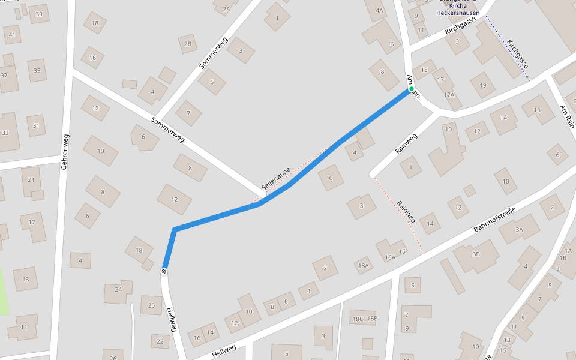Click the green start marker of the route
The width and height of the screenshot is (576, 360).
click(x=412, y=89)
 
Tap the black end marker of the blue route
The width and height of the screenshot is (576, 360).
click(x=164, y=271)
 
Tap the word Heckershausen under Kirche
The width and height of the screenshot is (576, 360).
click(x=458, y=12)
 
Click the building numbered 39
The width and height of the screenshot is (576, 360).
click(x=40, y=14)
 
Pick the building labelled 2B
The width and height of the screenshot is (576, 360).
click(x=188, y=44)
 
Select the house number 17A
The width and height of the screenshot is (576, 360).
click(x=449, y=95)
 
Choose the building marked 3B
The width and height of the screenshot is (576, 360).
click(x=476, y=254)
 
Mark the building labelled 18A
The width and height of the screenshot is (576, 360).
click(x=362, y=265)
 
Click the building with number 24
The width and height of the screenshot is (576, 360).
click(x=118, y=290)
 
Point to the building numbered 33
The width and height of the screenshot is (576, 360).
click(x=5, y=133)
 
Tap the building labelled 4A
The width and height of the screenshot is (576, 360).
click(x=379, y=10)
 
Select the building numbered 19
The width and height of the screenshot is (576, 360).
click(x=482, y=85)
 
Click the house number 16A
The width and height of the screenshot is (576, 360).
click(x=391, y=257)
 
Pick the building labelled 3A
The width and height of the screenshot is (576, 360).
click(x=519, y=229)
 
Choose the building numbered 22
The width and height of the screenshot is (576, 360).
click(x=160, y=341)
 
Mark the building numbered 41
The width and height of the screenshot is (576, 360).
click(x=12, y=34)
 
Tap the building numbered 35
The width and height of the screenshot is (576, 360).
click(x=37, y=71)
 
